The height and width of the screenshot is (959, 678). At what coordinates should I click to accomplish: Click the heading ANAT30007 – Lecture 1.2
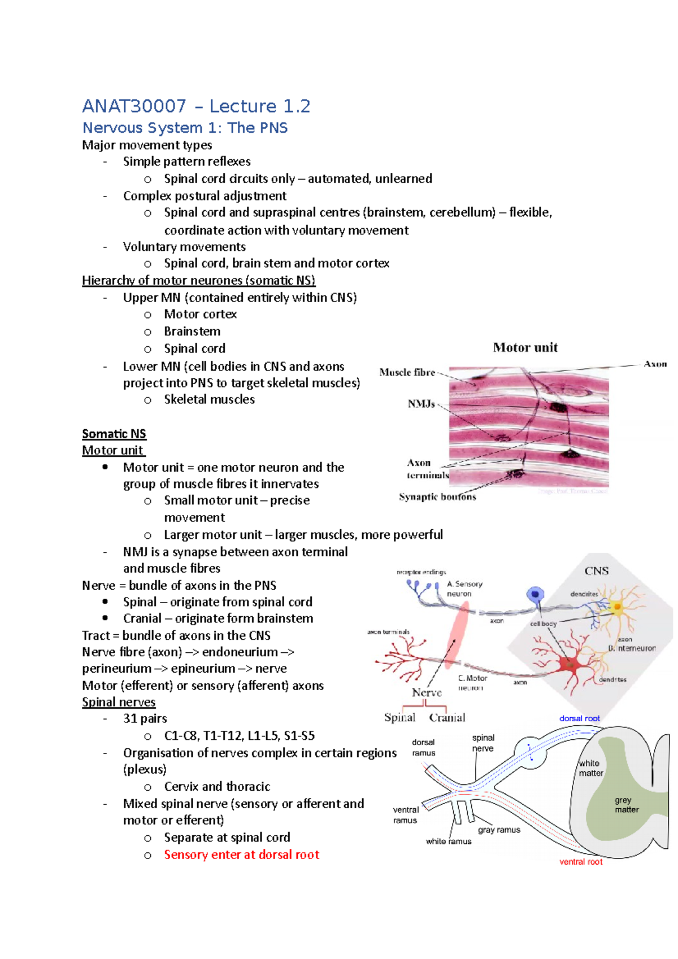point(196,106)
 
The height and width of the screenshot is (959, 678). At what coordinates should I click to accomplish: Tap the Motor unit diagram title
point(525,347)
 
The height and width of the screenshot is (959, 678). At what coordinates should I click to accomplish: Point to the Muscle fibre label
point(407,372)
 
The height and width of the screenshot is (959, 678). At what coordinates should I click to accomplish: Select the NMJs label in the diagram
point(421,404)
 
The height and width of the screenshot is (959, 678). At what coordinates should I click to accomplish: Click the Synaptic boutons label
point(437,497)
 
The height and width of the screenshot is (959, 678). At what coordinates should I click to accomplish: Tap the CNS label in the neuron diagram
point(596,571)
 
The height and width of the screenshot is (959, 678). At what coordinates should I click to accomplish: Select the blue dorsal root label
point(579,718)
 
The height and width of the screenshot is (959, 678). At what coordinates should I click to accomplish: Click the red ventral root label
point(581,862)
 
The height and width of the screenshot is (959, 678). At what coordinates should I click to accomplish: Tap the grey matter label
point(626,805)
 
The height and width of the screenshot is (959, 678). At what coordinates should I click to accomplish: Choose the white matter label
point(590,768)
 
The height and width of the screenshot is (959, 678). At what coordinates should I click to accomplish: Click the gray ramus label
point(499,830)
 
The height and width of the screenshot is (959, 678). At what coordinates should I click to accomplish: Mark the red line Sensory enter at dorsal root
point(241,855)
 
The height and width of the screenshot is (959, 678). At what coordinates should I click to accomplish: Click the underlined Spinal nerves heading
point(119,702)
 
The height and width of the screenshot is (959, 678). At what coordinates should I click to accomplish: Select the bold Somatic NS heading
point(114,434)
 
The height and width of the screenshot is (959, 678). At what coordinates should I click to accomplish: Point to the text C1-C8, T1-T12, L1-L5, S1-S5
point(239,735)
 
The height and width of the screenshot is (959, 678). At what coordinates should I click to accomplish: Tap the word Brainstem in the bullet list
point(192,331)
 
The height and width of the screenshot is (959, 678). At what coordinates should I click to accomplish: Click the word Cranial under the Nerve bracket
point(447,718)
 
